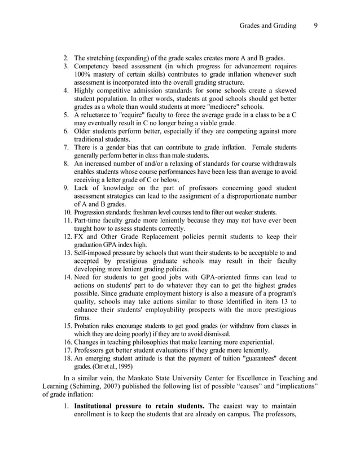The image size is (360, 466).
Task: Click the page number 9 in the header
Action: coord(316,25)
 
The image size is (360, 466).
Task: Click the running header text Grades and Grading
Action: coord(267,25)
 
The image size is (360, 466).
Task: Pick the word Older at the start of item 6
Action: coord(85,131)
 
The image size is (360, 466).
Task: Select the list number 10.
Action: coord(67,212)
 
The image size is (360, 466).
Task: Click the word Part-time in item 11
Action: coord(90,220)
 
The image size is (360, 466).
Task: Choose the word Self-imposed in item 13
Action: coord(96,253)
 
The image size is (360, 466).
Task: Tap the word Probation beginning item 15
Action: coord(91,326)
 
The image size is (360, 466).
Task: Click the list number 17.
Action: coord(67,350)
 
